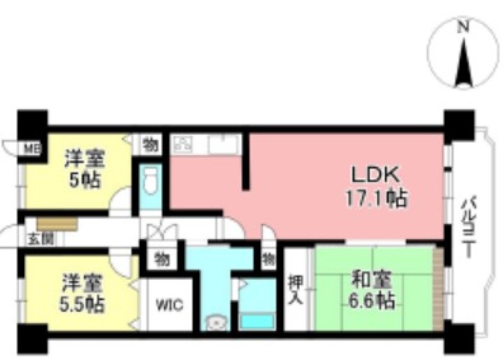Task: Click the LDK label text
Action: (375, 175)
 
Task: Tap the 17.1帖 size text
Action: (376, 198)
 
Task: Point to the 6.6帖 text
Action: (372, 301)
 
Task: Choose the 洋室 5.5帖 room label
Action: (82, 293)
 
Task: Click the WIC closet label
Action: (170, 305)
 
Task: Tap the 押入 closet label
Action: (295, 290)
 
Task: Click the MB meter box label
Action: (33, 149)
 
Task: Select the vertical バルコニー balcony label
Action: (468, 228)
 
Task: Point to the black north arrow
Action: (463, 62)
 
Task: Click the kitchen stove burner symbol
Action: (183, 144)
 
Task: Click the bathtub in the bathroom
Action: (258, 321)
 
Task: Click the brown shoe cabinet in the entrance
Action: (57, 224)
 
